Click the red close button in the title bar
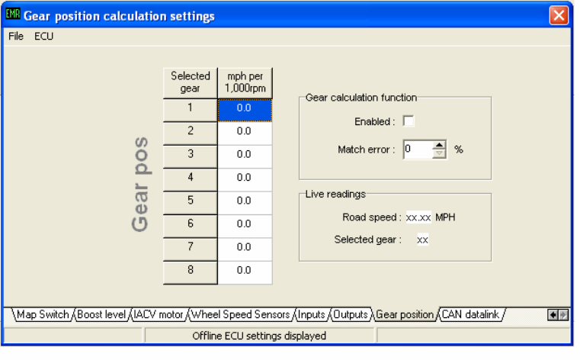pyautogui.click(x=559, y=15)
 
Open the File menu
pyautogui.click(x=16, y=37)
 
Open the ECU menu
pyautogui.click(x=43, y=37)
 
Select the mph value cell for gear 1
pyautogui.click(x=245, y=110)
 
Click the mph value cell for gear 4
pyautogui.click(x=245, y=179)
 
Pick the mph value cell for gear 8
pyautogui.click(x=245, y=272)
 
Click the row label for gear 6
pyautogui.click(x=190, y=226)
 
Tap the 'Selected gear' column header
pyautogui.click(x=190, y=82)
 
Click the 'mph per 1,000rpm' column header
pyautogui.click(x=245, y=82)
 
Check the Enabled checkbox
pyautogui.click(x=409, y=121)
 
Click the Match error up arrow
pyautogui.click(x=439, y=145)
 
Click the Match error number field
pyautogui.click(x=418, y=149)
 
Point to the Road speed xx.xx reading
pyautogui.click(x=418, y=217)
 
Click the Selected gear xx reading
pyautogui.click(x=422, y=239)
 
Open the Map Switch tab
pyautogui.click(x=43, y=314)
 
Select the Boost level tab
pyautogui.click(x=101, y=314)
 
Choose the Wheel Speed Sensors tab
pyautogui.click(x=241, y=314)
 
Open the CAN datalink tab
pyautogui.click(x=470, y=314)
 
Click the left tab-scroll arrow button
pyautogui.click(x=553, y=315)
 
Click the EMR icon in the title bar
pyautogui.click(x=13, y=14)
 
